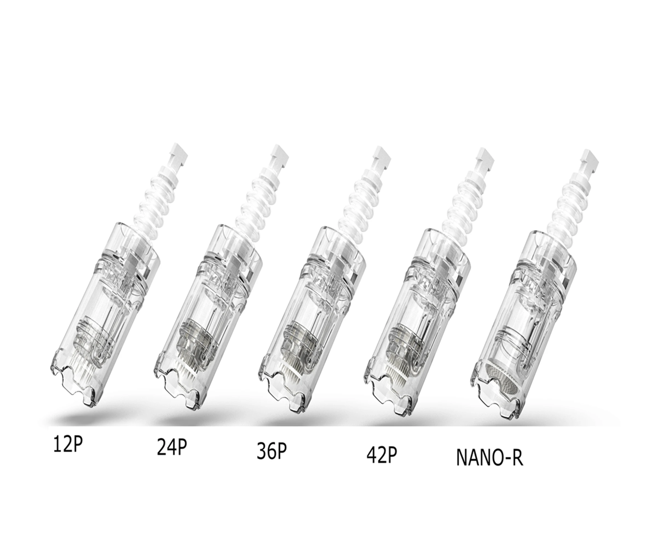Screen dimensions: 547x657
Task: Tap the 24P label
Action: [x=171, y=448]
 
